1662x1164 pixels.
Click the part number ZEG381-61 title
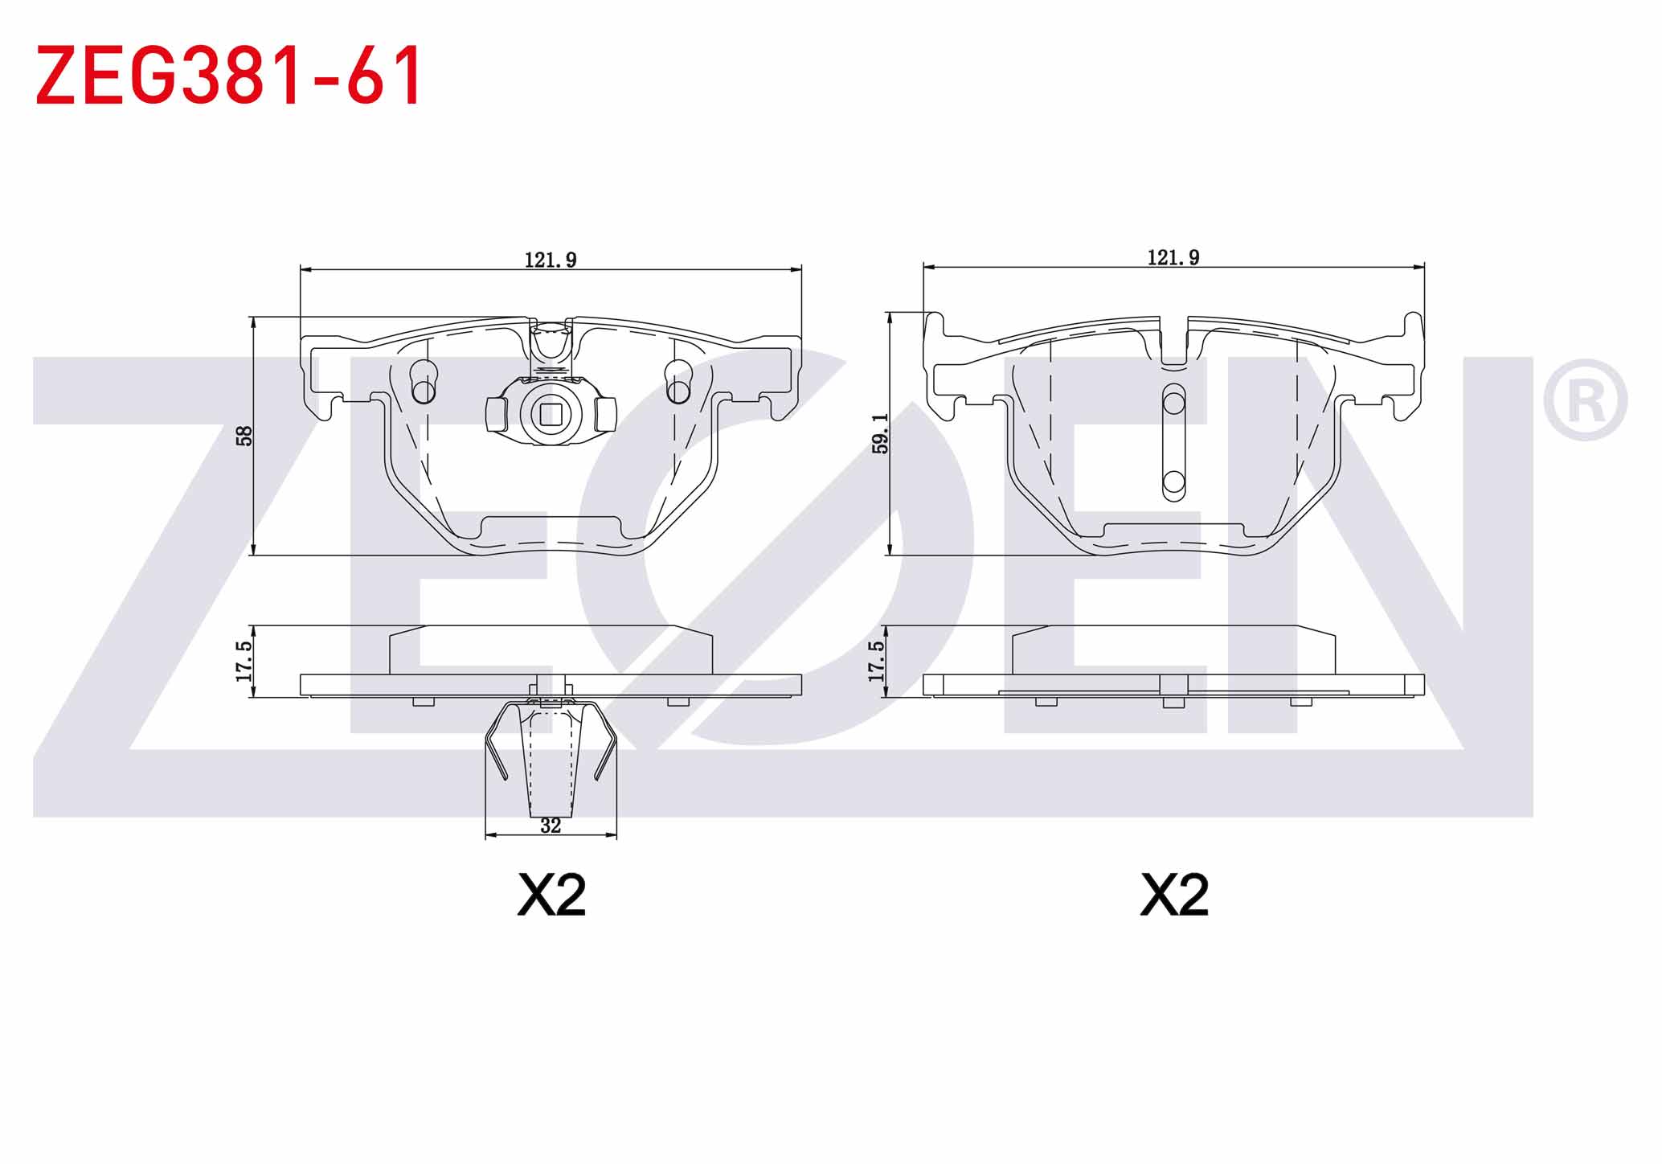click(x=228, y=75)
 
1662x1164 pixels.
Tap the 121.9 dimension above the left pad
click(x=551, y=260)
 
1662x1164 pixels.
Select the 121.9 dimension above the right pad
click(x=1173, y=257)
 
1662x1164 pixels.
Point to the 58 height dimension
click(x=245, y=436)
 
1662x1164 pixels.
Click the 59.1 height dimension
click(x=881, y=434)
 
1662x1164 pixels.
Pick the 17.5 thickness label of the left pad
click(x=244, y=661)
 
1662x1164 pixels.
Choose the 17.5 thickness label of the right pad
click(x=876, y=661)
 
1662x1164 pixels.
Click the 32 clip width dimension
click(x=551, y=826)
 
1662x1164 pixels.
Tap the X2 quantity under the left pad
click(x=551, y=895)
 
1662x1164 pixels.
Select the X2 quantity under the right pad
click(x=1174, y=895)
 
